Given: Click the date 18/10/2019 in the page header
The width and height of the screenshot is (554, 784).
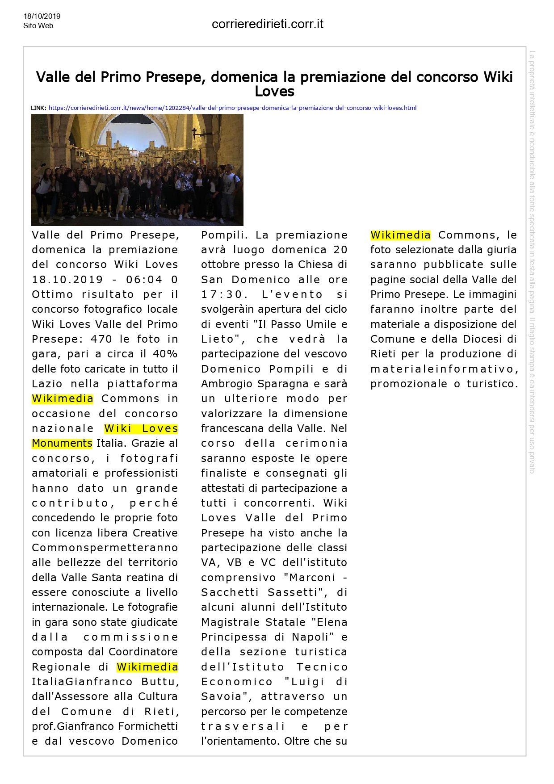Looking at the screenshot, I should tap(42, 16).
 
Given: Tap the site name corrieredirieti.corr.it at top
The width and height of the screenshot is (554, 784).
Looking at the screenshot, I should tap(267, 24).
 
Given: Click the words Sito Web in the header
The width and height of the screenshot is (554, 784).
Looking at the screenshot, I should tap(38, 25).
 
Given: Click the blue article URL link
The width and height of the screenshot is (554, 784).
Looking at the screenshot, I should tap(232, 108).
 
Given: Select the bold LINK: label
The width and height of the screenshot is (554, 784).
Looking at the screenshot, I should tap(38, 108).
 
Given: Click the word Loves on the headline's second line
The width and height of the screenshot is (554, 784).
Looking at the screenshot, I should tap(274, 92).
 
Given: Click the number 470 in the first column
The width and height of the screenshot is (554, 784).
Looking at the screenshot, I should tap(101, 339).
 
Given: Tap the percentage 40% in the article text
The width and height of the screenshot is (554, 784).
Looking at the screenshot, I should tap(165, 354).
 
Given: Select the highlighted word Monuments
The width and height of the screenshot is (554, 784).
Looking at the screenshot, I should tap(62, 443).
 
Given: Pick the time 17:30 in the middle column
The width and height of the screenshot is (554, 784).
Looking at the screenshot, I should tap(222, 294).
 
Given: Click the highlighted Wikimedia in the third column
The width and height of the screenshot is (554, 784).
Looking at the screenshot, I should tap(400, 235).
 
